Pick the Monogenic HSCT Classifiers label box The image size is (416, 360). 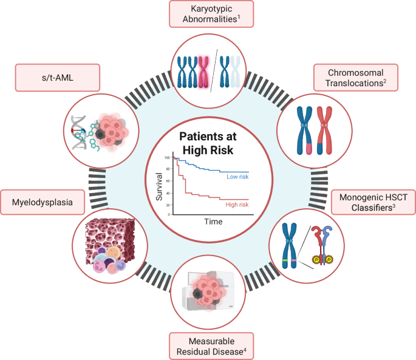point(372,202)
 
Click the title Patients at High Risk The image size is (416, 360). point(208,141)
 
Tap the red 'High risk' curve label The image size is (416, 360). point(237,205)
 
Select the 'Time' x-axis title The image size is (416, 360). point(213,222)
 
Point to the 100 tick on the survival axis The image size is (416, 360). point(167,157)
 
